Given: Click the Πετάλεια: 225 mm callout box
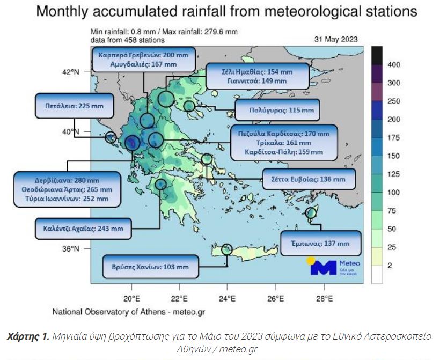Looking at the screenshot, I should (x=75, y=106).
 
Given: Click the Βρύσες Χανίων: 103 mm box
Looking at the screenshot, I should (x=151, y=267).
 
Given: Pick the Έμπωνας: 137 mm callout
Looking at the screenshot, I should (x=320, y=244).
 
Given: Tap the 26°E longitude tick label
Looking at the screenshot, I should (x=275, y=298).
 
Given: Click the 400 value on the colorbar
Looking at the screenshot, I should (x=394, y=65).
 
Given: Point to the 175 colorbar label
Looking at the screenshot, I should (x=394, y=138).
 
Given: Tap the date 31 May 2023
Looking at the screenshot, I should (x=335, y=39).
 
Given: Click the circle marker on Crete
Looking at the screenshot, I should (x=227, y=249).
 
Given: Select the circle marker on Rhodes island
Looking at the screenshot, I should (x=311, y=213).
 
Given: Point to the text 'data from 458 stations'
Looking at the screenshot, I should (x=127, y=40).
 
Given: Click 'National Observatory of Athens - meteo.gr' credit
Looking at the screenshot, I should (x=128, y=311).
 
